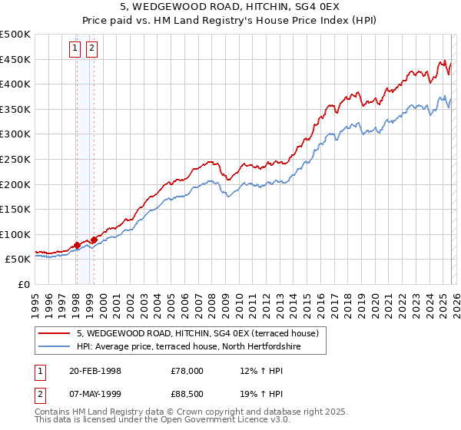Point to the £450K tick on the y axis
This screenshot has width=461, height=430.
click(15, 59)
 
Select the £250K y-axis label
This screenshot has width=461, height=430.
click(15, 159)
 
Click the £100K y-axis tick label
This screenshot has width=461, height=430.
click(15, 234)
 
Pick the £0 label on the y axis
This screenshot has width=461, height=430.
click(24, 284)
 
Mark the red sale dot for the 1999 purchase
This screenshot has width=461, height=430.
click(94, 240)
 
